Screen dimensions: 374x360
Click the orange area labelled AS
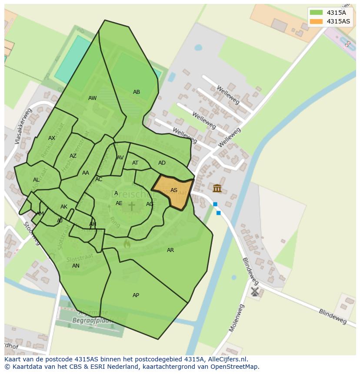173,191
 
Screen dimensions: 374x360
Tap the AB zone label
137,92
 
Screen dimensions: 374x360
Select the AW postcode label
92,98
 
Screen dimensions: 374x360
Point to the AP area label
136,295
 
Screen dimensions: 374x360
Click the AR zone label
170,250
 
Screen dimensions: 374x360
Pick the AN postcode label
76,266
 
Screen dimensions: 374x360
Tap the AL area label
36,180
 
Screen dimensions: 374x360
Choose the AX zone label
52,138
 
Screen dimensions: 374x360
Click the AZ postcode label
73,156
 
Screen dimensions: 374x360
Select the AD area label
162,163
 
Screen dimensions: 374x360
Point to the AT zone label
135,163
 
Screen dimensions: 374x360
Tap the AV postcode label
120,158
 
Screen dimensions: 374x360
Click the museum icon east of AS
217,189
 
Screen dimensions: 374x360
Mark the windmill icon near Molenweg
255,291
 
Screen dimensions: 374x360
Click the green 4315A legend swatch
316,13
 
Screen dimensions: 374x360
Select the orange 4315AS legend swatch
316,21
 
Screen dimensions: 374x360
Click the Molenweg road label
237,318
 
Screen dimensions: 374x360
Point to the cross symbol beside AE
131,206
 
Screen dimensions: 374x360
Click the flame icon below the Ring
127,244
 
